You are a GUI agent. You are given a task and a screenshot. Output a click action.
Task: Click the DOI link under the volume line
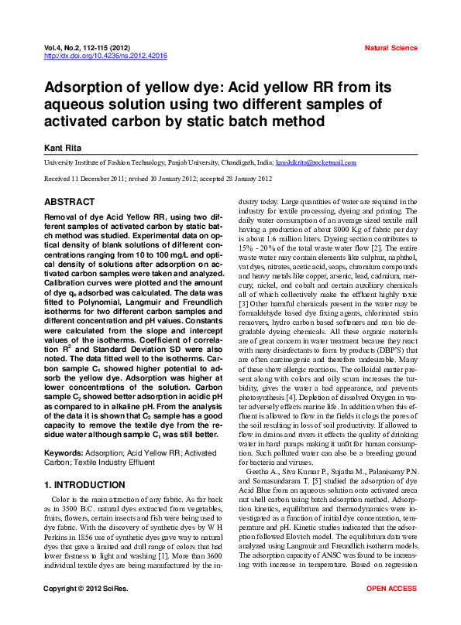click(106, 56)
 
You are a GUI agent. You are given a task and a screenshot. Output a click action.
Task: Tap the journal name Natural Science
click(390, 48)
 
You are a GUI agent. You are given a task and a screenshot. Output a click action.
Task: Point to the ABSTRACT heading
click(70, 202)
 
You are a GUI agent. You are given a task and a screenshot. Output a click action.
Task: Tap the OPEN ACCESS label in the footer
click(391, 610)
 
